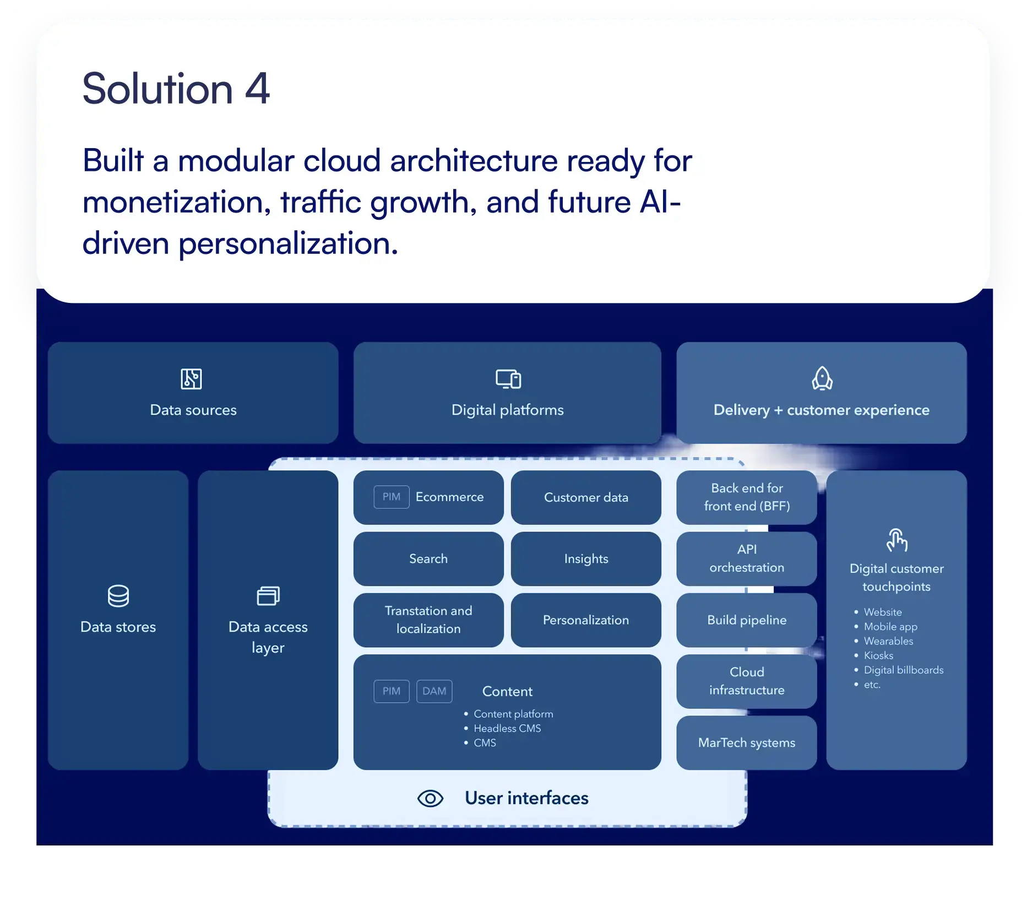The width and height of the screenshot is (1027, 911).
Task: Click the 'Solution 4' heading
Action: [176, 89]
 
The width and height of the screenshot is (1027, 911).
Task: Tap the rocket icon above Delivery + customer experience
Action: [822, 379]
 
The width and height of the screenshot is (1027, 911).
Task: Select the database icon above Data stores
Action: [118, 596]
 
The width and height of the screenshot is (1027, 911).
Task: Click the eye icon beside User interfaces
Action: [430, 798]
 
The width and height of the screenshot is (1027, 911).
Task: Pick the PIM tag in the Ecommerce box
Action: [391, 497]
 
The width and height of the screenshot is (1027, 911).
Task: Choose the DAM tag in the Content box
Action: [434, 691]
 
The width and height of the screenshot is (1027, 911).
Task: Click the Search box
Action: [428, 558]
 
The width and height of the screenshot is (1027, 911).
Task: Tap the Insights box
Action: [586, 558]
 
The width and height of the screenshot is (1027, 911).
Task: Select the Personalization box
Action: [586, 620]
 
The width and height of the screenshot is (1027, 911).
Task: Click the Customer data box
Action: [586, 497]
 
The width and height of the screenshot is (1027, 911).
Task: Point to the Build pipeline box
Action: [746, 620]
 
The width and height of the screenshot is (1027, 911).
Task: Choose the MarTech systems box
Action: [746, 742]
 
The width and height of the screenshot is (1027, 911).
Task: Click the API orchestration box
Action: [746, 558]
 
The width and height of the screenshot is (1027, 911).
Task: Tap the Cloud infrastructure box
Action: [746, 681]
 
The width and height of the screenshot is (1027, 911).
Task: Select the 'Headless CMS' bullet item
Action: [507, 728]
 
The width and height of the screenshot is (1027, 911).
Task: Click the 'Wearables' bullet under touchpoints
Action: [888, 641]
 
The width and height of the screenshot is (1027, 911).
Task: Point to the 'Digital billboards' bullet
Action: [903, 670]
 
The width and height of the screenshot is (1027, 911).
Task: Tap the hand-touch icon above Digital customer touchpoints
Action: [896, 540]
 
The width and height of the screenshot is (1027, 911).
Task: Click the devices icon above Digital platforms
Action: [508, 379]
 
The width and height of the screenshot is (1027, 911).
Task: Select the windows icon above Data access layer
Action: [268, 596]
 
